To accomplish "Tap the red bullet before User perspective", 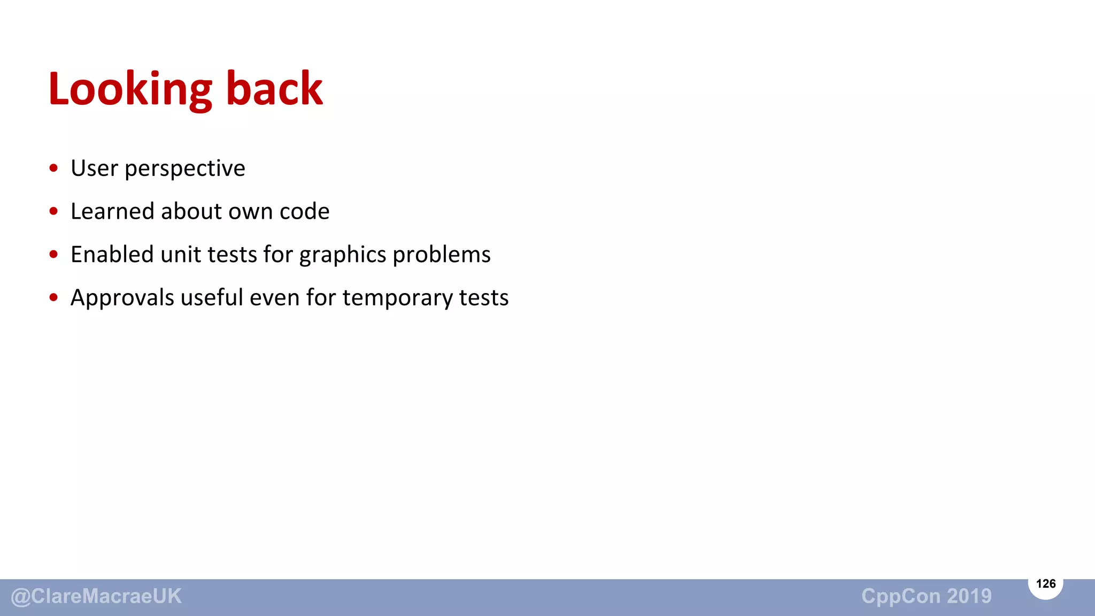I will point(53,168).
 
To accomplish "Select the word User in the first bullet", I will point(94,168).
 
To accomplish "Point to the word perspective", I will point(184,170).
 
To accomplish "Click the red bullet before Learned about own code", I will point(53,211).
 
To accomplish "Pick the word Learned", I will point(112,211).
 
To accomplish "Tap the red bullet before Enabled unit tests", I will point(53,255).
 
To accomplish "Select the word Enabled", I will point(112,255).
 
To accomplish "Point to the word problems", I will point(442,256).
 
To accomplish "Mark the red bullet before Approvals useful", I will point(53,297).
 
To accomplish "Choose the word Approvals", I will point(122,298).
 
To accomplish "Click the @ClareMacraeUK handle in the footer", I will point(96,596).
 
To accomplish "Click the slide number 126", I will point(1045,583).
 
